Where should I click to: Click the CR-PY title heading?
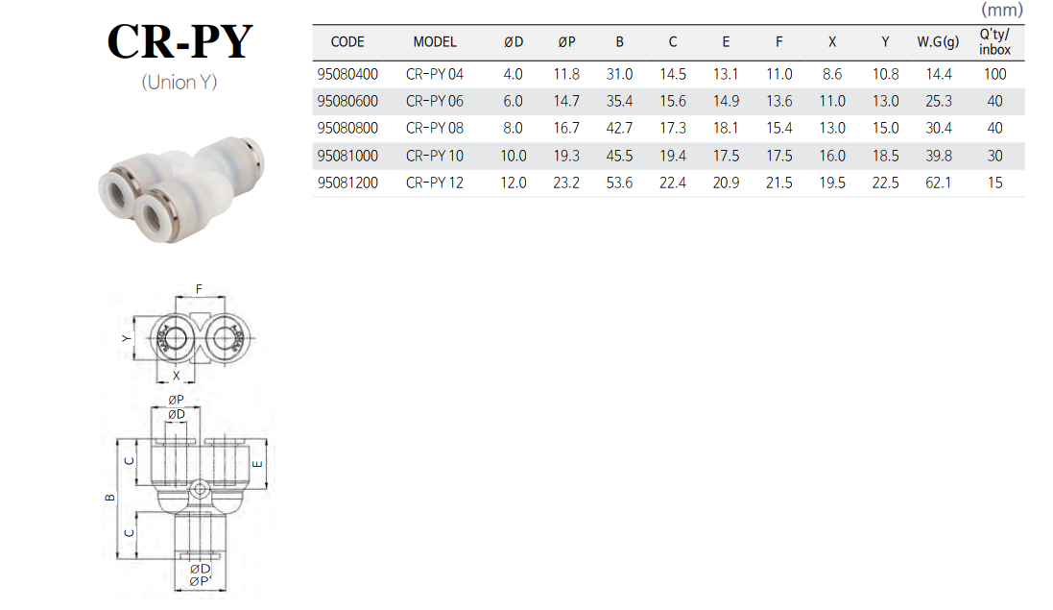tap(179, 41)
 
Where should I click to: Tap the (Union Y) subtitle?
tap(179, 82)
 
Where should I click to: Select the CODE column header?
tap(347, 41)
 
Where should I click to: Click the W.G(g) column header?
tap(938, 41)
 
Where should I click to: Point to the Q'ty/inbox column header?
tap(994, 41)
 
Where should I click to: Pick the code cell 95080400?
tap(347, 74)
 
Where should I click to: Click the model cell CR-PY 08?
tap(435, 128)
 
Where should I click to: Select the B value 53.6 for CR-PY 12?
tap(619, 183)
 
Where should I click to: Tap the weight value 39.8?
tap(938, 156)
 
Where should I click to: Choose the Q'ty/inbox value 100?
tap(994, 74)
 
